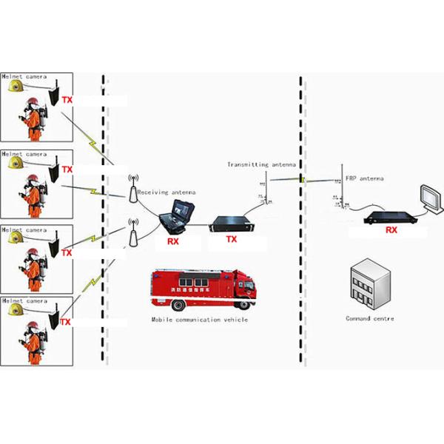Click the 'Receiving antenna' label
point(166,192)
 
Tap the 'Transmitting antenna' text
point(261,164)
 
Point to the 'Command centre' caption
point(370,318)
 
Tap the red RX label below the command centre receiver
point(391,231)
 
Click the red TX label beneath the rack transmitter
point(231,239)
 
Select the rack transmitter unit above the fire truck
point(232,223)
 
